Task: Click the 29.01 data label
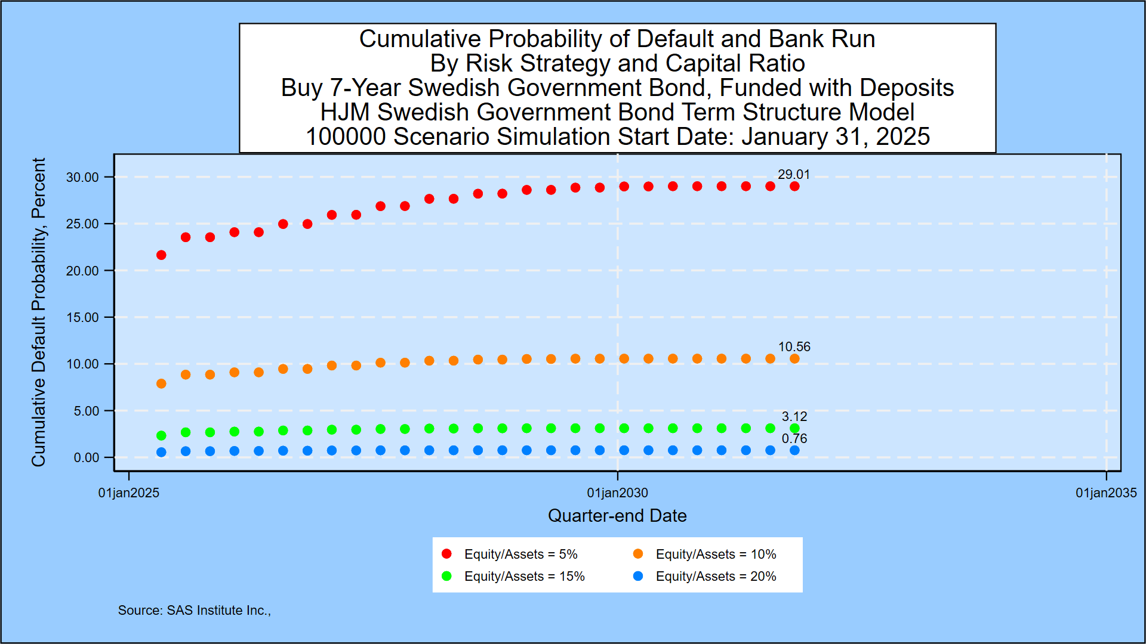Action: coord(793,174)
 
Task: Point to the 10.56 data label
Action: coord(794,346)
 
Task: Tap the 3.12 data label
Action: coord(794,416)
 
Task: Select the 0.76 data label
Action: coord(794,438)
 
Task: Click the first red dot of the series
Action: coord(161,255)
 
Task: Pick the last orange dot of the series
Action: coord(794,358)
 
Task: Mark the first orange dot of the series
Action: coord(161,383)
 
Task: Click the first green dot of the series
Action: coord(161,435)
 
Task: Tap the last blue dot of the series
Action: coord(794,450)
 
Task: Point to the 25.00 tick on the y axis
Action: coord(82,224)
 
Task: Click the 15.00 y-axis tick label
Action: coord(82,317)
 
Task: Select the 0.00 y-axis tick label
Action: coord(86,457)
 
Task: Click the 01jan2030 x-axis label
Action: coord(617,493)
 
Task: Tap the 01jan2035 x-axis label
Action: coord(1105,493)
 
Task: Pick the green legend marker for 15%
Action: coord(446,576)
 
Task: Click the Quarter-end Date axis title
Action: coord(617,515)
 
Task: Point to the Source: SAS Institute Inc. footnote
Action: coord(194,610)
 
